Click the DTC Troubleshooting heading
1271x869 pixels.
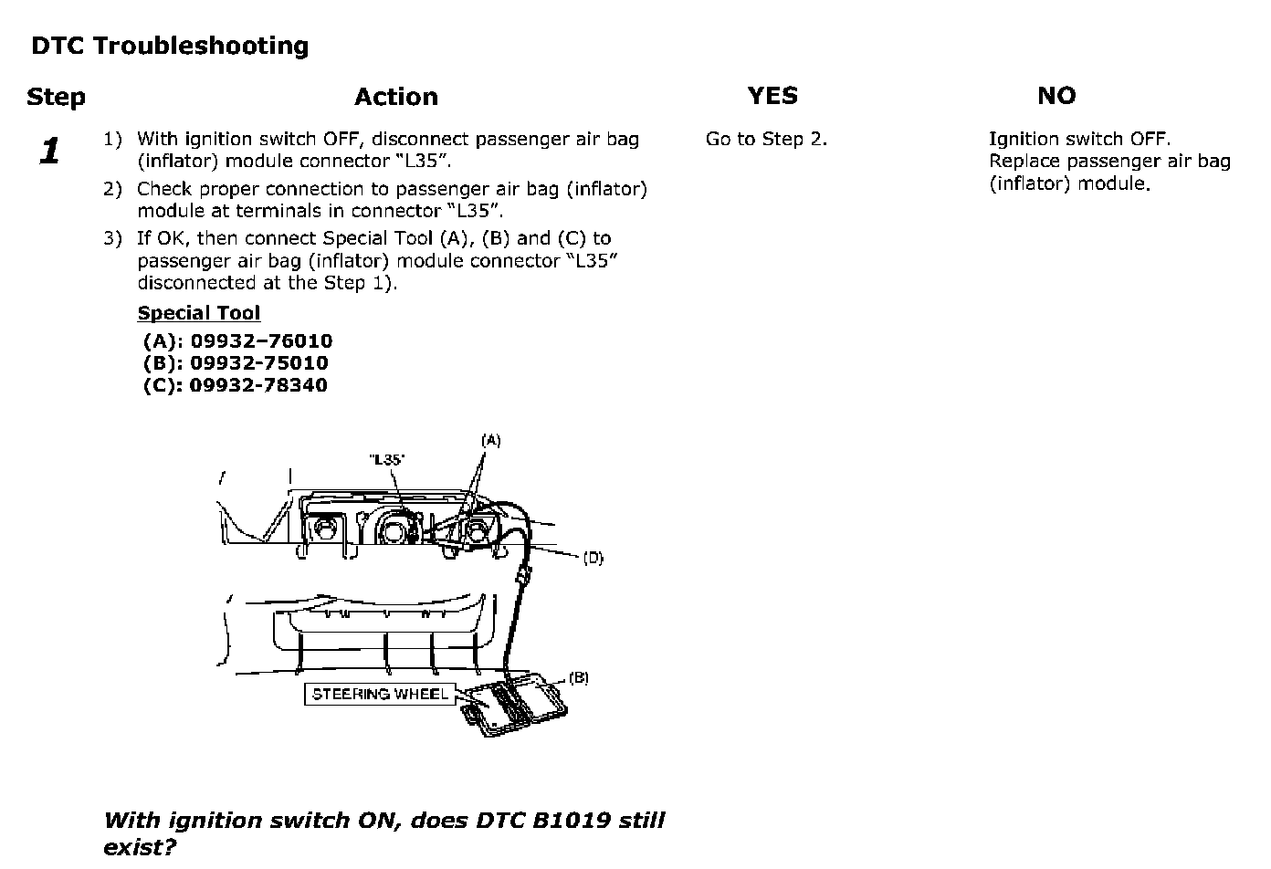tap(170, 46)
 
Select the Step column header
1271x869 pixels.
tap(56, 97)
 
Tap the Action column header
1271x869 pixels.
tap(395, 97)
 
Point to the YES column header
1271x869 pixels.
tap(772, 96)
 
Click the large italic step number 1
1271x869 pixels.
tap(49, 152)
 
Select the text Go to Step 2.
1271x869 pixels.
tap(765, 140)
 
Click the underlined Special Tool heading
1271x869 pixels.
tap(198, 313)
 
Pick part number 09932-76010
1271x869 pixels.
tap(260, 341)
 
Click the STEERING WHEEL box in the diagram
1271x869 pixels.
tap(379, 695)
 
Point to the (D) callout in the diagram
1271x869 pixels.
tap(593, 558)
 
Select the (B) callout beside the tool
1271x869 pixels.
tap(578, 678)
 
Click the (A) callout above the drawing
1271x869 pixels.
tap(490, 440)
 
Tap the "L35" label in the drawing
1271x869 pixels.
tap(386, 460)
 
